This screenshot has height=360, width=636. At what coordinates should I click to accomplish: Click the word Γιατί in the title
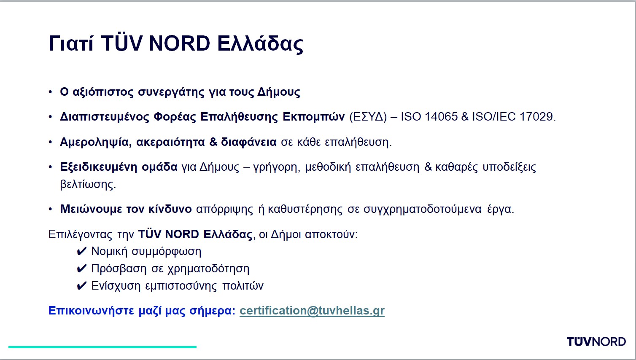[71, 44]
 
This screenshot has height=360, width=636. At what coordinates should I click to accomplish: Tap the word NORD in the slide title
[179, 44]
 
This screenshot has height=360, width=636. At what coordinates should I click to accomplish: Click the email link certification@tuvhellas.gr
[312, 311]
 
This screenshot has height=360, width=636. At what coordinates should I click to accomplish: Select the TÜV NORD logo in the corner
[596, 341]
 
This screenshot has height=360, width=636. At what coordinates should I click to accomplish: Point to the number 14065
[441, 117]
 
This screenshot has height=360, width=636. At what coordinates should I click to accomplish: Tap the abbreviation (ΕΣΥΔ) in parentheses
[368, 117]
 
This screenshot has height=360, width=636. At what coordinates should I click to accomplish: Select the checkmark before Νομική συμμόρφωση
[81, 251]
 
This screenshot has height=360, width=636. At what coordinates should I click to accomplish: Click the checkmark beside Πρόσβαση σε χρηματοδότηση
[81, 269]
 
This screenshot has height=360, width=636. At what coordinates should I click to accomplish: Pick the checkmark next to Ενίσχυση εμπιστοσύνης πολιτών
[81, 286]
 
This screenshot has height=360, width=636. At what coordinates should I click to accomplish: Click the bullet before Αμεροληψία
[50, 142]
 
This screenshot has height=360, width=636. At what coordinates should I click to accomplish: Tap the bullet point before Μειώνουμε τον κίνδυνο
[50, 209]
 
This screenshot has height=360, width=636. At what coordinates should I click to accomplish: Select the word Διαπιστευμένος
[105, 117]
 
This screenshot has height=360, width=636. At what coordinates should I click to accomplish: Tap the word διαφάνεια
[249, 142]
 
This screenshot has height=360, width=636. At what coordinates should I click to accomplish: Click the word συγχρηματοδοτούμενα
[423, 210]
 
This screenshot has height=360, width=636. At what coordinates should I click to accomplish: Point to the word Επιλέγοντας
[81, 235]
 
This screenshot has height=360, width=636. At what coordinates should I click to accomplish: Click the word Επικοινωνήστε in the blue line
[91, 311]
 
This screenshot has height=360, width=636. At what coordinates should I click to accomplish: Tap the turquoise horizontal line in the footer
[102, 347]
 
